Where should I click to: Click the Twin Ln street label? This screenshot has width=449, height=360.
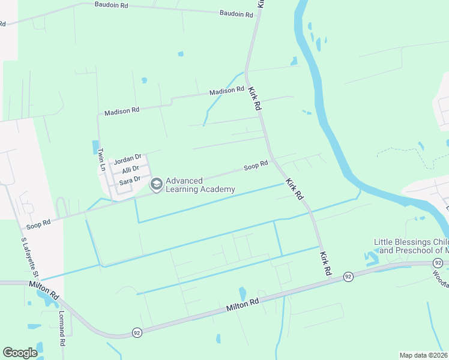tap(102, 160)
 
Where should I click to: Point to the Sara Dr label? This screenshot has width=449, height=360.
tap(130, 179)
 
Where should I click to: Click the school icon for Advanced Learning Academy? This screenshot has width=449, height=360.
tap(156, 184)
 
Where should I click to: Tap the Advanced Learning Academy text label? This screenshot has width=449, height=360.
tap(200, 185)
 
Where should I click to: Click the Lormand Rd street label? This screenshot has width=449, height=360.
tap(62, 328)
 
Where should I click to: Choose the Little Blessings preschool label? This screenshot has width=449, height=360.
tap(411, 246)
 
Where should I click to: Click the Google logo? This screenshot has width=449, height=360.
tap(20, 353)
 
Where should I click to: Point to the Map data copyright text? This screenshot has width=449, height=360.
tap(423, 355)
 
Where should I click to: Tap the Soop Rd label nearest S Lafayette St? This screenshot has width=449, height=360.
tap(38, 225)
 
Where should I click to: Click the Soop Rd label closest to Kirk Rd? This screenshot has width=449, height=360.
tap(256, 165)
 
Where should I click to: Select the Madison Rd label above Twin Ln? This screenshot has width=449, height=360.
tap(122, 111)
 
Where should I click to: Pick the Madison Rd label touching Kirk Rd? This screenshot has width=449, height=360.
tap(226, 91)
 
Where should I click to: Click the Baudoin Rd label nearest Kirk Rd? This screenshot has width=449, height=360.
tap(236, 13)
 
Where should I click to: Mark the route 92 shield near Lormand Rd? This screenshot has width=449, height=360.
tap(137, 332)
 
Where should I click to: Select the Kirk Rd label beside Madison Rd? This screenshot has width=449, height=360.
tap(255, 98)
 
